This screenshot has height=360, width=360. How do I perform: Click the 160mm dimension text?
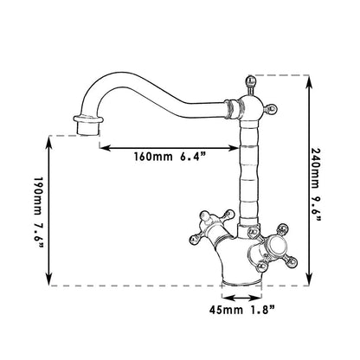tap(153, 157)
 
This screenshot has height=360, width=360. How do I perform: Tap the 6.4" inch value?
tap(194, 157)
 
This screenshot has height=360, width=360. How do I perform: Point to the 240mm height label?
tap(316, 168)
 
